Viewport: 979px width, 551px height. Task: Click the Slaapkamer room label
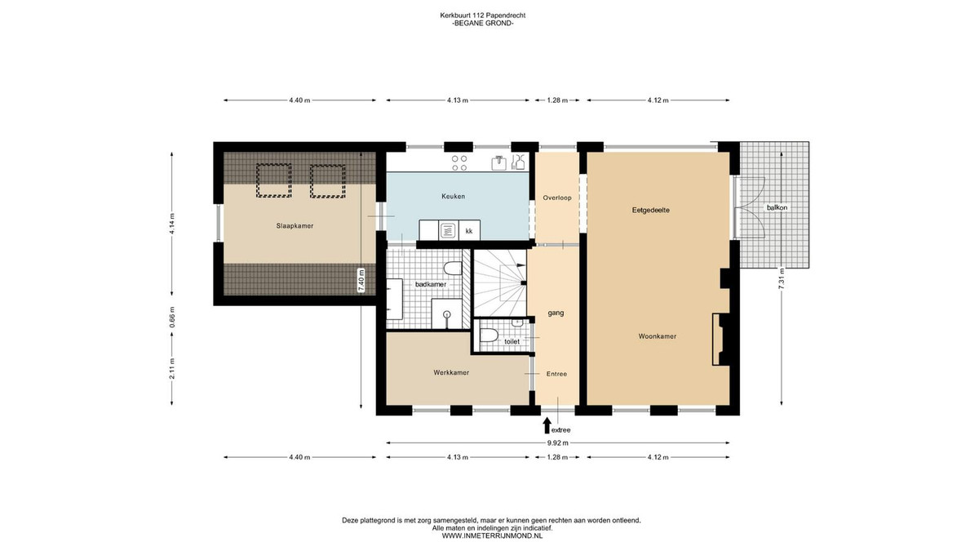(x=295, y=226)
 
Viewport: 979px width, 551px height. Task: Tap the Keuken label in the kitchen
(x=454, y=197)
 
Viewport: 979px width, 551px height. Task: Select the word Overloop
(x=557, y=198)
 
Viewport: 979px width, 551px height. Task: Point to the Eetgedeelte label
(x=651, y=211)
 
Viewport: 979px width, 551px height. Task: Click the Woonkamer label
(x=658, y=336)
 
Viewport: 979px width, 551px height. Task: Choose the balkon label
(x=777, y=207)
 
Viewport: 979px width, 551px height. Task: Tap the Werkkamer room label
(x=451, y=372)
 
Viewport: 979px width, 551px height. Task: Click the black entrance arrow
(x=547, y=425)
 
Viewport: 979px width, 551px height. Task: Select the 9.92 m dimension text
(x=558, y=443)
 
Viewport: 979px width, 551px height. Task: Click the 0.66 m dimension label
(x=172, y=317)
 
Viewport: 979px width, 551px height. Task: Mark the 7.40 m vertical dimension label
(x=361, y=281)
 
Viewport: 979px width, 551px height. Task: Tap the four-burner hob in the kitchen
(x=458, y=163)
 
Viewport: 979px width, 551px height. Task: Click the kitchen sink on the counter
(x=498, y=162)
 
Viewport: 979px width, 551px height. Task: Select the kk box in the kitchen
(x=469, y=230)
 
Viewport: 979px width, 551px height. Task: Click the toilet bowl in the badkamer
(x=452, y=269)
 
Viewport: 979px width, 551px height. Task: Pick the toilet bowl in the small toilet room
(x=489, y=335)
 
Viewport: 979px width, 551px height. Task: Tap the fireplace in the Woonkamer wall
(x=718, y=340)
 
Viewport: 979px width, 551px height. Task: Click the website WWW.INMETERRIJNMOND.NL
(x=492, y=535)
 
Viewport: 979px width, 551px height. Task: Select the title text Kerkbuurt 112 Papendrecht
(x=482, y=16)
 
